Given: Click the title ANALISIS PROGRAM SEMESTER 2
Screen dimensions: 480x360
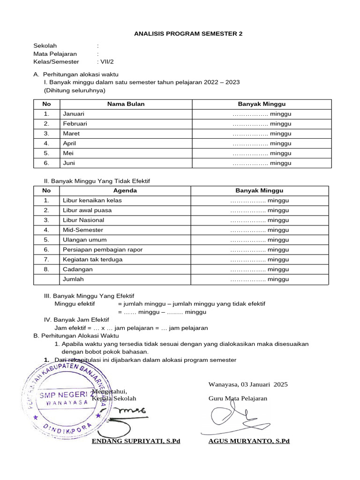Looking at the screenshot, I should click(188, 34).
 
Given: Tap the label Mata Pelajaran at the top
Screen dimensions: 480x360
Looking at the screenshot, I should click(55, 54).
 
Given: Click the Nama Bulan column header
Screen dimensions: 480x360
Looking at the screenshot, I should click(126, 104).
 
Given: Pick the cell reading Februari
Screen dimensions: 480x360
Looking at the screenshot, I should click(75, 124).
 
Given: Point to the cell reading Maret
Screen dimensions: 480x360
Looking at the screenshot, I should click(71, 134).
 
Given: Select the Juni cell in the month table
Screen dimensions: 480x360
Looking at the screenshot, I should click(69, 163).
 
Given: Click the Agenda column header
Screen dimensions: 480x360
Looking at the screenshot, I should click(125, 190).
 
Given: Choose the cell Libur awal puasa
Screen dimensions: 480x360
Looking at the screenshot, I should click(87, 210).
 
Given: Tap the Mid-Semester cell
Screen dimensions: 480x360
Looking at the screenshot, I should click(83, 230).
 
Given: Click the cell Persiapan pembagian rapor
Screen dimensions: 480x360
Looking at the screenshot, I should click(103, 249).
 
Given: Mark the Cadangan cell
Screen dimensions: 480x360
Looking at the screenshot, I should click(78, 269).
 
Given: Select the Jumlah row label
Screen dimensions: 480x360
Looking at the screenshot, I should click(73, 279).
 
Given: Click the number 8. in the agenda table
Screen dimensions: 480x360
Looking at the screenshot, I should click(46, 269).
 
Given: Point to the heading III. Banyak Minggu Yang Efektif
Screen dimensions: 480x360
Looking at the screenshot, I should click(89, 296).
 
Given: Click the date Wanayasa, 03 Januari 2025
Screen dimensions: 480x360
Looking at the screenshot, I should click(248, 384).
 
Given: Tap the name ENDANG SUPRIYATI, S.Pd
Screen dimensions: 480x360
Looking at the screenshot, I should click(136, 441).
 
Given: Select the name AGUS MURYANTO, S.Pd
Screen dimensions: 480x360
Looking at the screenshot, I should click(249, 441).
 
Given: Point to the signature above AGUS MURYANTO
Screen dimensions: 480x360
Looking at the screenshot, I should click(232, 416).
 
